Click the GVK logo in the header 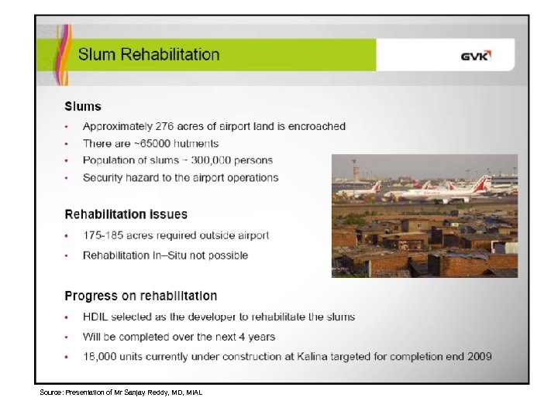tap(476, 56)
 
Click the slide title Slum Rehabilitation tap(149, 55)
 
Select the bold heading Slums tap(83, 107)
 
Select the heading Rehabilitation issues tap(126, 214)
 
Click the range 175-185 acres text tap(117, 235)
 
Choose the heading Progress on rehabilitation tap(140, 296)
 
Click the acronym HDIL tap(96, 317)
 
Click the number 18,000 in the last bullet tap(100, 357)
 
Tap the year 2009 tap(478, 357)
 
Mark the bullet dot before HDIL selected tap(67, 317)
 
